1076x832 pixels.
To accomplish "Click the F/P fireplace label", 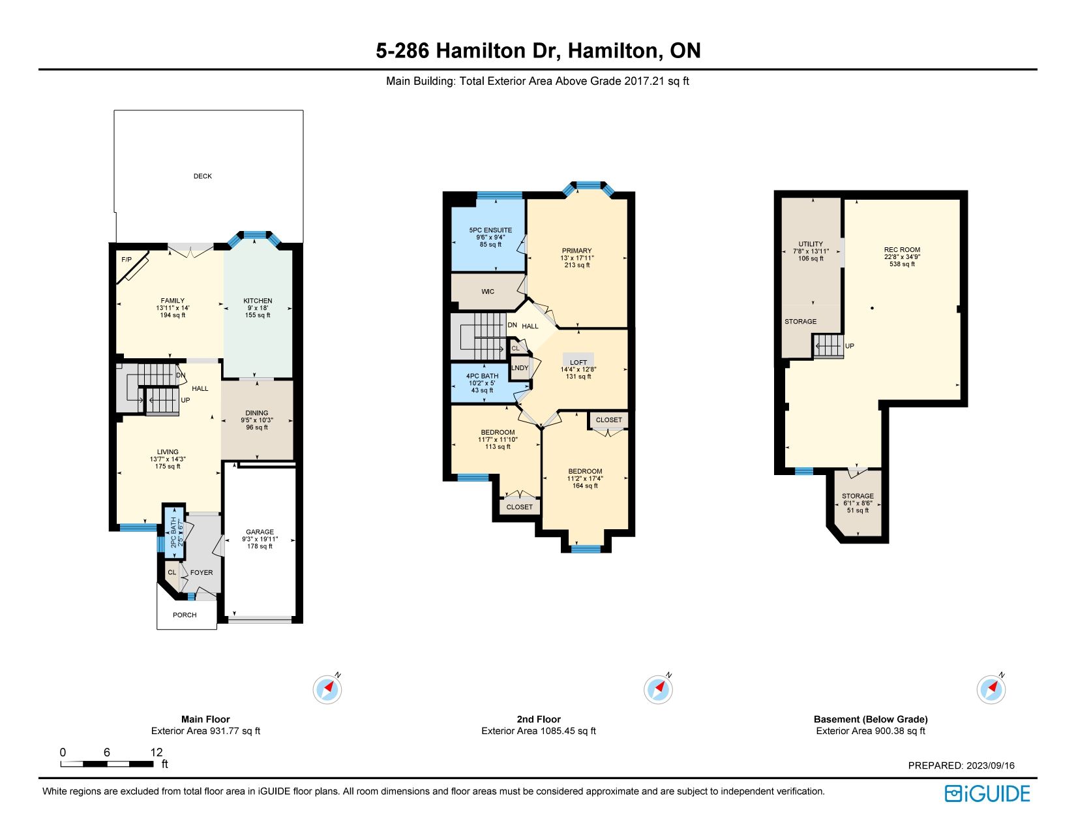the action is (127, 260).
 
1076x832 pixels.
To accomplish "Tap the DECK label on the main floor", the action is (203, 176).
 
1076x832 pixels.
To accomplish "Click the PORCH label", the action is (185, 615).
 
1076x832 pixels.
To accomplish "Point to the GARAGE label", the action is (260, 532).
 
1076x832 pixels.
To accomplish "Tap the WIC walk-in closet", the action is (488, 292).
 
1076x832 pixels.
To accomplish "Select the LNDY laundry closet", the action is (520, 368).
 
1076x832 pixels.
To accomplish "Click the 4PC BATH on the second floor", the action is (483, 383).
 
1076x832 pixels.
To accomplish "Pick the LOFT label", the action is (578, 362).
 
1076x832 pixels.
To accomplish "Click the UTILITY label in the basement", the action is (811, 244).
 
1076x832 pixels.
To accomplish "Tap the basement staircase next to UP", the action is (828, 345).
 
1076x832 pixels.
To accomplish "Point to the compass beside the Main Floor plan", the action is (327, 689).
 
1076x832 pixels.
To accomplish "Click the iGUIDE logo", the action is (987, 794).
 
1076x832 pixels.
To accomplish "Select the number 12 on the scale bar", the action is (157, 752).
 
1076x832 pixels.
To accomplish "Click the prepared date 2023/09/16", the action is (991, 765).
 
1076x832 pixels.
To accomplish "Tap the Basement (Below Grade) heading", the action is (871, 719).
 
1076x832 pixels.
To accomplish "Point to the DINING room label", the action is (256, 413).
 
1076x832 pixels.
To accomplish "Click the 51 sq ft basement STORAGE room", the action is (858, 502).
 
